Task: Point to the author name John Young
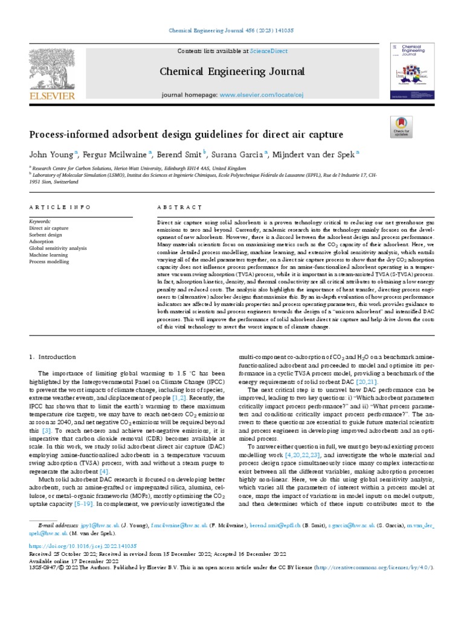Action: [x=50, y=154]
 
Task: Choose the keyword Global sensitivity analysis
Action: [x=61, y=248]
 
